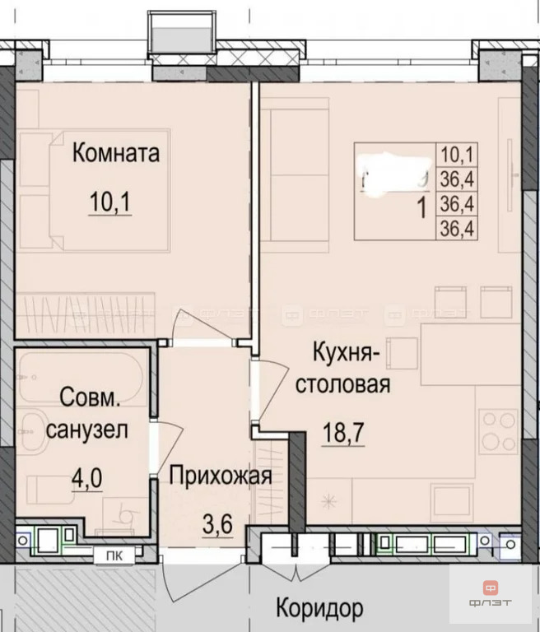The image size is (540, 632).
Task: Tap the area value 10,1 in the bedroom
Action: tap(114, 202)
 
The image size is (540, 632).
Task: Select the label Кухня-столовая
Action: tap(350, 368)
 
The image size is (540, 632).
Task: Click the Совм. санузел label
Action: tap(90, 413)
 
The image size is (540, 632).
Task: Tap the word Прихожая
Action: tap(221, 475)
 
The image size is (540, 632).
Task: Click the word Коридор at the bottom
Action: tap(318, 610)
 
